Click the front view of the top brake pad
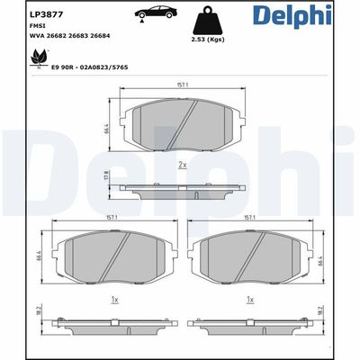click(183, 125)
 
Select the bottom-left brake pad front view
click(111, 258)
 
